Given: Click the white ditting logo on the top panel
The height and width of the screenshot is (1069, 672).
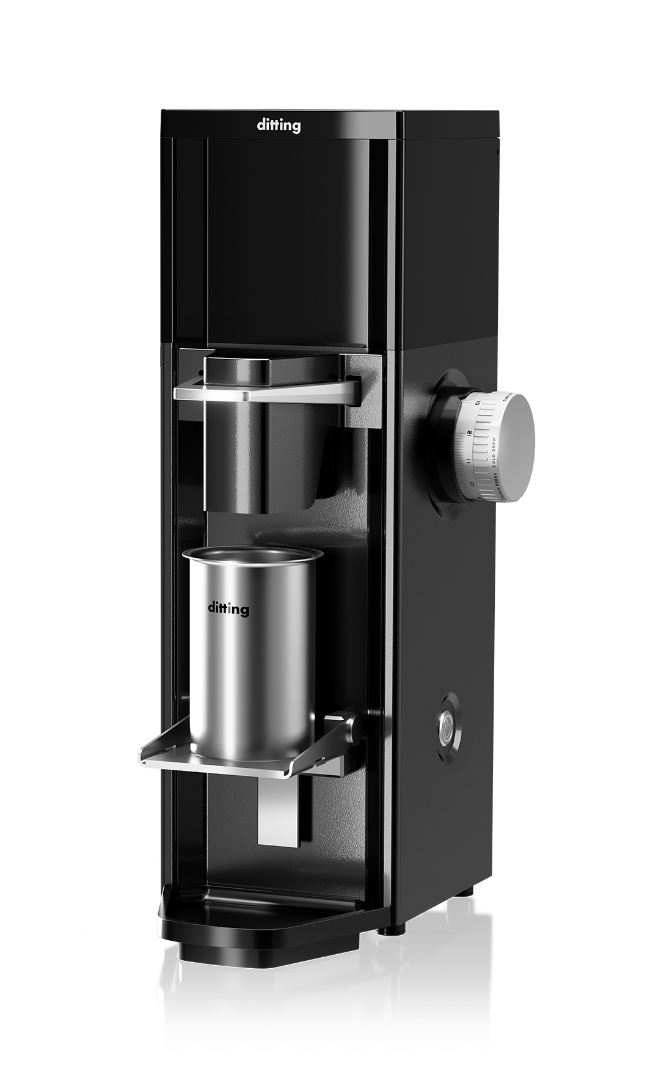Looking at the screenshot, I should point(278,126).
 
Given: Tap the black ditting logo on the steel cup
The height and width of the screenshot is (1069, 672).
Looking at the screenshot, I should point(228,608).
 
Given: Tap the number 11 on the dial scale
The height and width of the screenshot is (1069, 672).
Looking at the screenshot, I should point(467,460).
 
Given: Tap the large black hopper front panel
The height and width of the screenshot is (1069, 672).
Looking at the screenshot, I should point(287,244).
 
